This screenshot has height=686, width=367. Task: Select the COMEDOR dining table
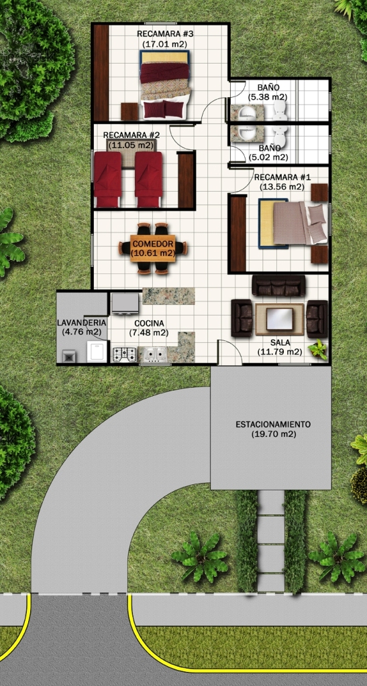pos(153,249)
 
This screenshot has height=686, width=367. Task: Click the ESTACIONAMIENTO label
pos(273,424)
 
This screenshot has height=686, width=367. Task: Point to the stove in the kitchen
pos(125,354)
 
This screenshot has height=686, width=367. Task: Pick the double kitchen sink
pos(153,354)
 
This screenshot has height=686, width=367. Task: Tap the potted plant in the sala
pos(318,350)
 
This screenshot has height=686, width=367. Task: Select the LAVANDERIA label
pos(81,323)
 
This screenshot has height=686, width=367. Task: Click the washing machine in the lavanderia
pos(97,352)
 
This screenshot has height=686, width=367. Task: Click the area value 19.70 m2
pos(274,434)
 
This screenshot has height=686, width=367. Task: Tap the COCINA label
pos(150,324)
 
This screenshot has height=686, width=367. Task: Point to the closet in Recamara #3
pos(101,72)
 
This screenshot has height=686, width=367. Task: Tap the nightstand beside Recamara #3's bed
pos(129,112)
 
